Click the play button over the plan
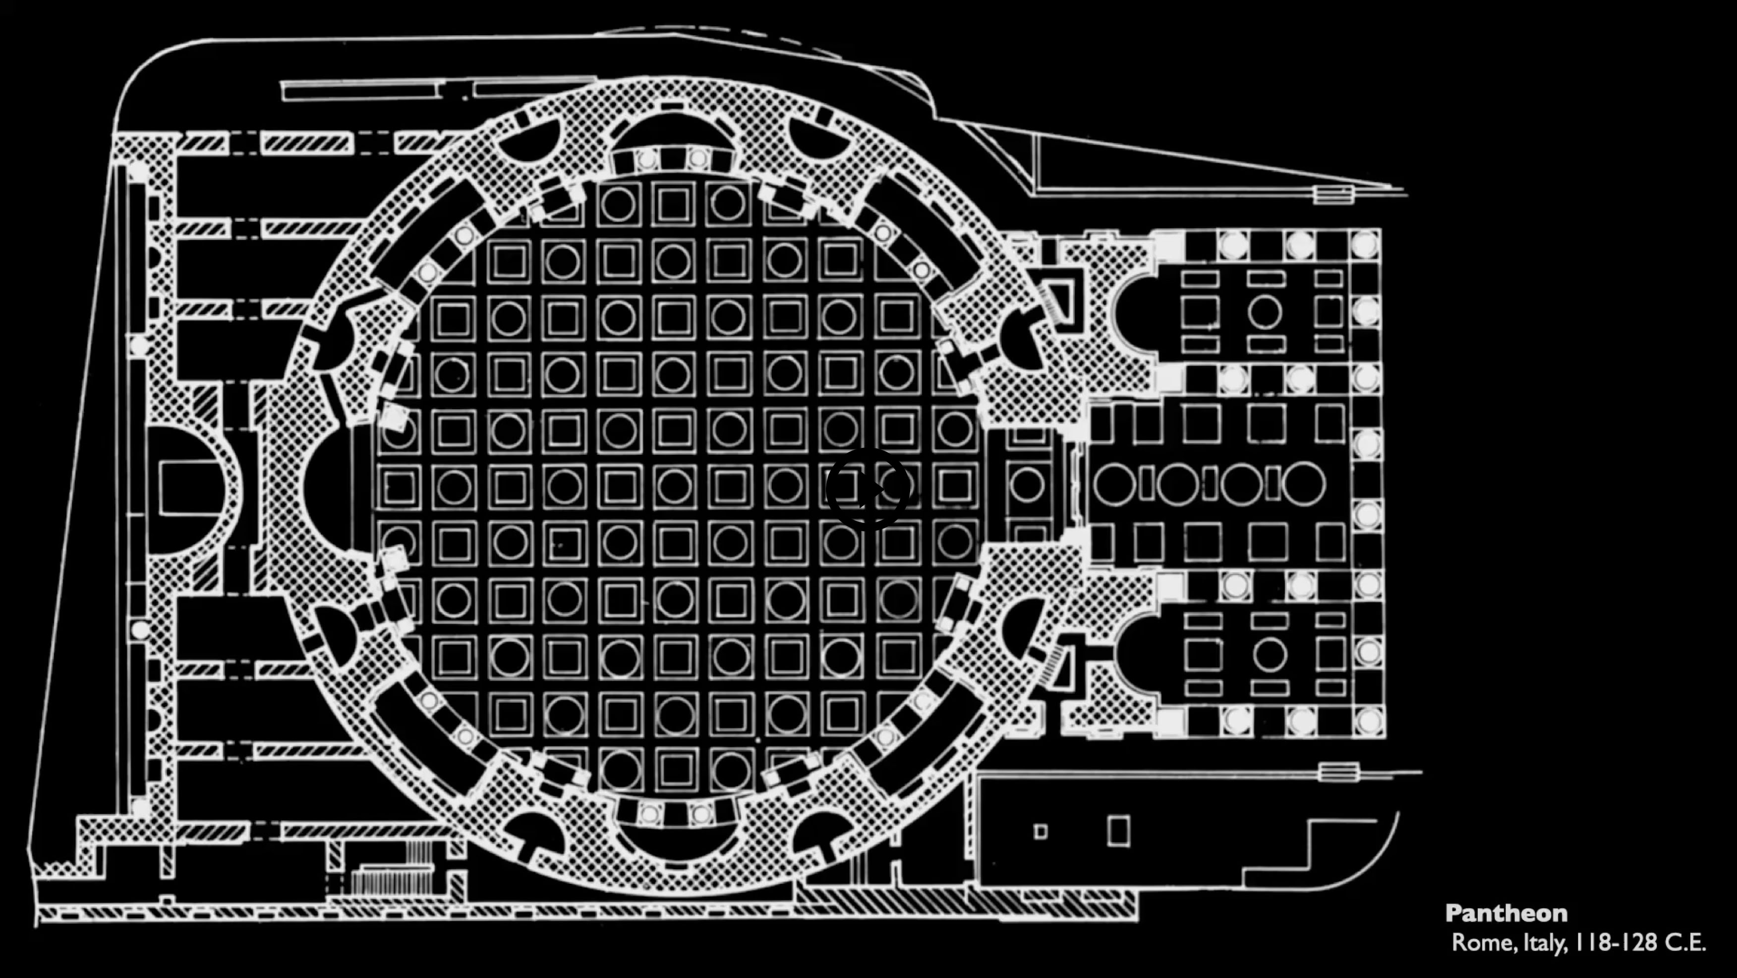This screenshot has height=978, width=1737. [x=868, y=489]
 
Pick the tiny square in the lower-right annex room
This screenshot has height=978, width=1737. [x=1041, y=832]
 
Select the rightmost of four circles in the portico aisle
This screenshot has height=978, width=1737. [x=1303, y=484]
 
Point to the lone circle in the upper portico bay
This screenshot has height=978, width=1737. [x=1264, y=311]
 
